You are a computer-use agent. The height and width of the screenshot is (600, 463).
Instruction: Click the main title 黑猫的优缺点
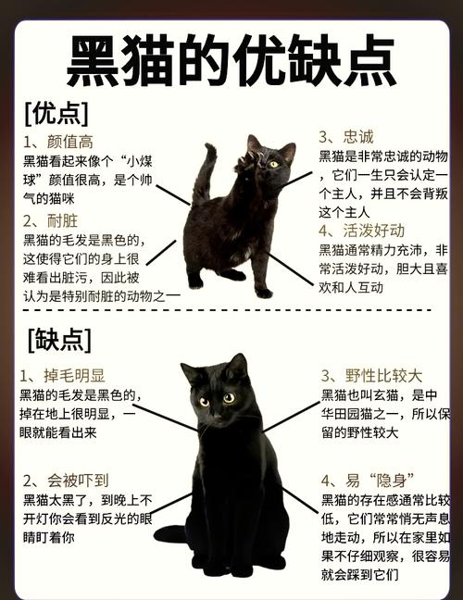tap(231, 61)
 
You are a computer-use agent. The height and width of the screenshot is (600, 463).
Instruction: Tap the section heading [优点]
tap(56, 114)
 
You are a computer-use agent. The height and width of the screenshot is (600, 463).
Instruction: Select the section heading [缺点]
tap(59, 340)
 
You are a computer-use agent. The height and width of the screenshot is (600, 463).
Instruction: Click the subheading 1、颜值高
tap(57, 142)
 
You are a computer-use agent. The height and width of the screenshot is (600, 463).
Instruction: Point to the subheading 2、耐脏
tap(50, 220)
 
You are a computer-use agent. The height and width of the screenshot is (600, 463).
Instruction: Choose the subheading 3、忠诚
tap(346, 137)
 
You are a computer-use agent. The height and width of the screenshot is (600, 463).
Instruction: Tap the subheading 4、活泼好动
tap(361, 231)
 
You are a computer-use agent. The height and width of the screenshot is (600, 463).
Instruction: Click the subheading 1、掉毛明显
tap(62, 375)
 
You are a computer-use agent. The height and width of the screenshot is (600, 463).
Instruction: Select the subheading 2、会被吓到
tap(66, 481)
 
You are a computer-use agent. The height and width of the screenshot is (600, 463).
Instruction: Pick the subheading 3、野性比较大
tap(371, 376)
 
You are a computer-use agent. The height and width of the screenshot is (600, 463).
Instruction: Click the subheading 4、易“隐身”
tap(369, 481)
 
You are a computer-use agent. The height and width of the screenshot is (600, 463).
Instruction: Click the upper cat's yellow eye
tap(273, 164)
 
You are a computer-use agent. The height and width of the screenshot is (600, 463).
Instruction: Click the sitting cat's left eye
tap(204, 402)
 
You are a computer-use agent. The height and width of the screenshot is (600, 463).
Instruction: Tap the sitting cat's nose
tap(217, 416)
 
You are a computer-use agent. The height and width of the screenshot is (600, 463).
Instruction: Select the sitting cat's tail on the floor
tap(170, 534)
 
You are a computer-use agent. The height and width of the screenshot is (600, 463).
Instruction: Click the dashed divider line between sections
tap(227, 310)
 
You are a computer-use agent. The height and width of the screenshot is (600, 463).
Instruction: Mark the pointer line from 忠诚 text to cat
tap(297, 179)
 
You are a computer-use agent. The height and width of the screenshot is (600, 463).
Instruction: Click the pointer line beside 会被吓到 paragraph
tap(170, 503)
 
